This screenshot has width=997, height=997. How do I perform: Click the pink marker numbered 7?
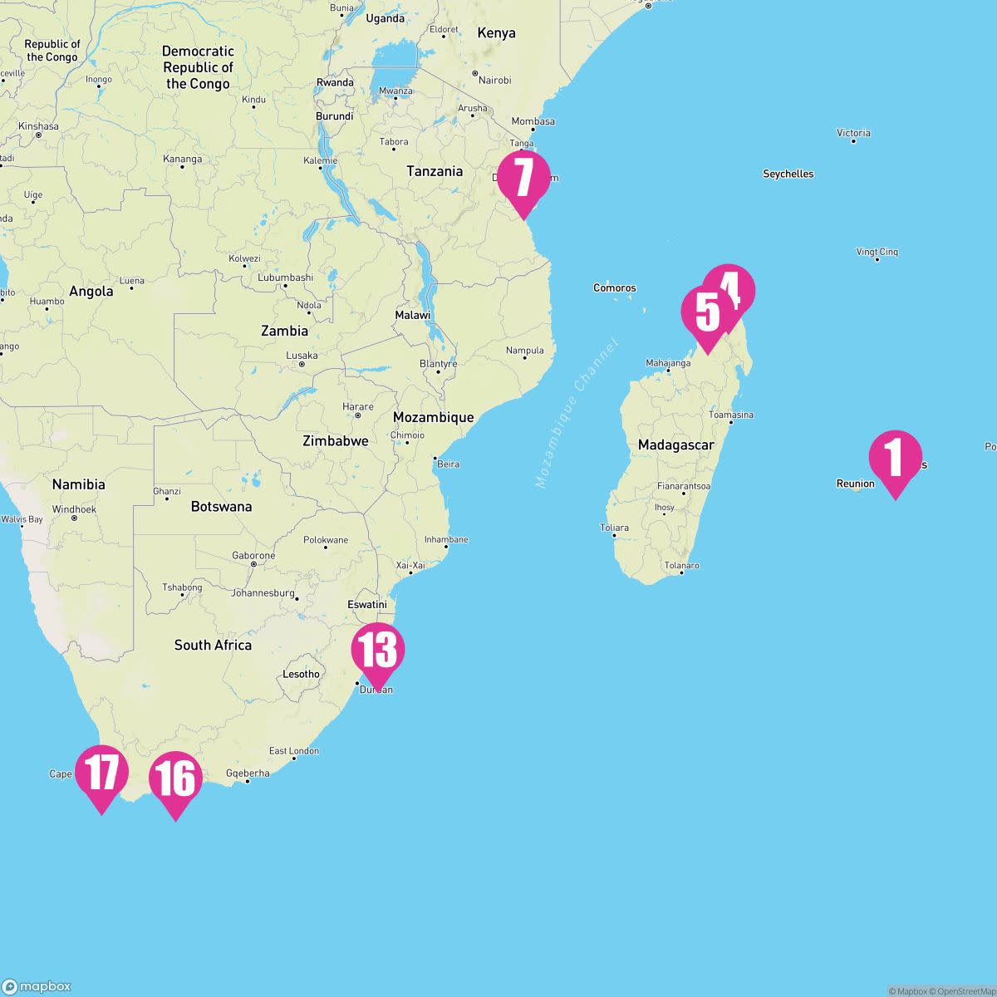pyautogui.click(x=523, y=178)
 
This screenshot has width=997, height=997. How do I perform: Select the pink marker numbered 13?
pyautogui.click(x=378, y=650)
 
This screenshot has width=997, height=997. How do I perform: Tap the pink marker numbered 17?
pyautogui.click(x=101, y=773)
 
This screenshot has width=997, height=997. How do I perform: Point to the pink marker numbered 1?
pyautogui.click(x=895, y=458)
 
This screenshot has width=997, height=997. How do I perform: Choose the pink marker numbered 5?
pyautogui.click(x=707, y=313)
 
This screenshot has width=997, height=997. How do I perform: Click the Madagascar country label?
pyautogui.click(x=675, y=445)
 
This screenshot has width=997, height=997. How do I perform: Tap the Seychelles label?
pyautogui.click(x=788, y=174)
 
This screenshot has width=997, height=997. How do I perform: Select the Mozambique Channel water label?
pyautogui.click(x=577, y=413)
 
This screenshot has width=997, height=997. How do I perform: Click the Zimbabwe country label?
pyautogui.click(x=335, y=440)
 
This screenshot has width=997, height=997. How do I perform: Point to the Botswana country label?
pyautogui.click(x=221, y=506)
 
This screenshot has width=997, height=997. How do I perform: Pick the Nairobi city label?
pyautogui.click(x=494, y=81)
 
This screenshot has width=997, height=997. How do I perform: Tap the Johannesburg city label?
pyautogui.click(x=263, y=593)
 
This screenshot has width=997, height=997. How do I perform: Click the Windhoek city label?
pyautogui.click(x=74, y=509)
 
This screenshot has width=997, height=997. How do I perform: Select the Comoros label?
pyautogui.click(x=614, y=288)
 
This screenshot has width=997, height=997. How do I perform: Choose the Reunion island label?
pyautogui.click(x=855, y=484)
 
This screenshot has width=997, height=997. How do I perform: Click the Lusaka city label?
pyautogui.click(x=302, y=356)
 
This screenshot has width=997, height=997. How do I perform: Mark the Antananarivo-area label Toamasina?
pyautogui.click(x=731, y=415)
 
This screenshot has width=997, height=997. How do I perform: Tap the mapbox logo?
pyautogui.click(x=37, y=986)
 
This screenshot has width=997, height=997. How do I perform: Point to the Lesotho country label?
pyautogui.click(x=301, y=674)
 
